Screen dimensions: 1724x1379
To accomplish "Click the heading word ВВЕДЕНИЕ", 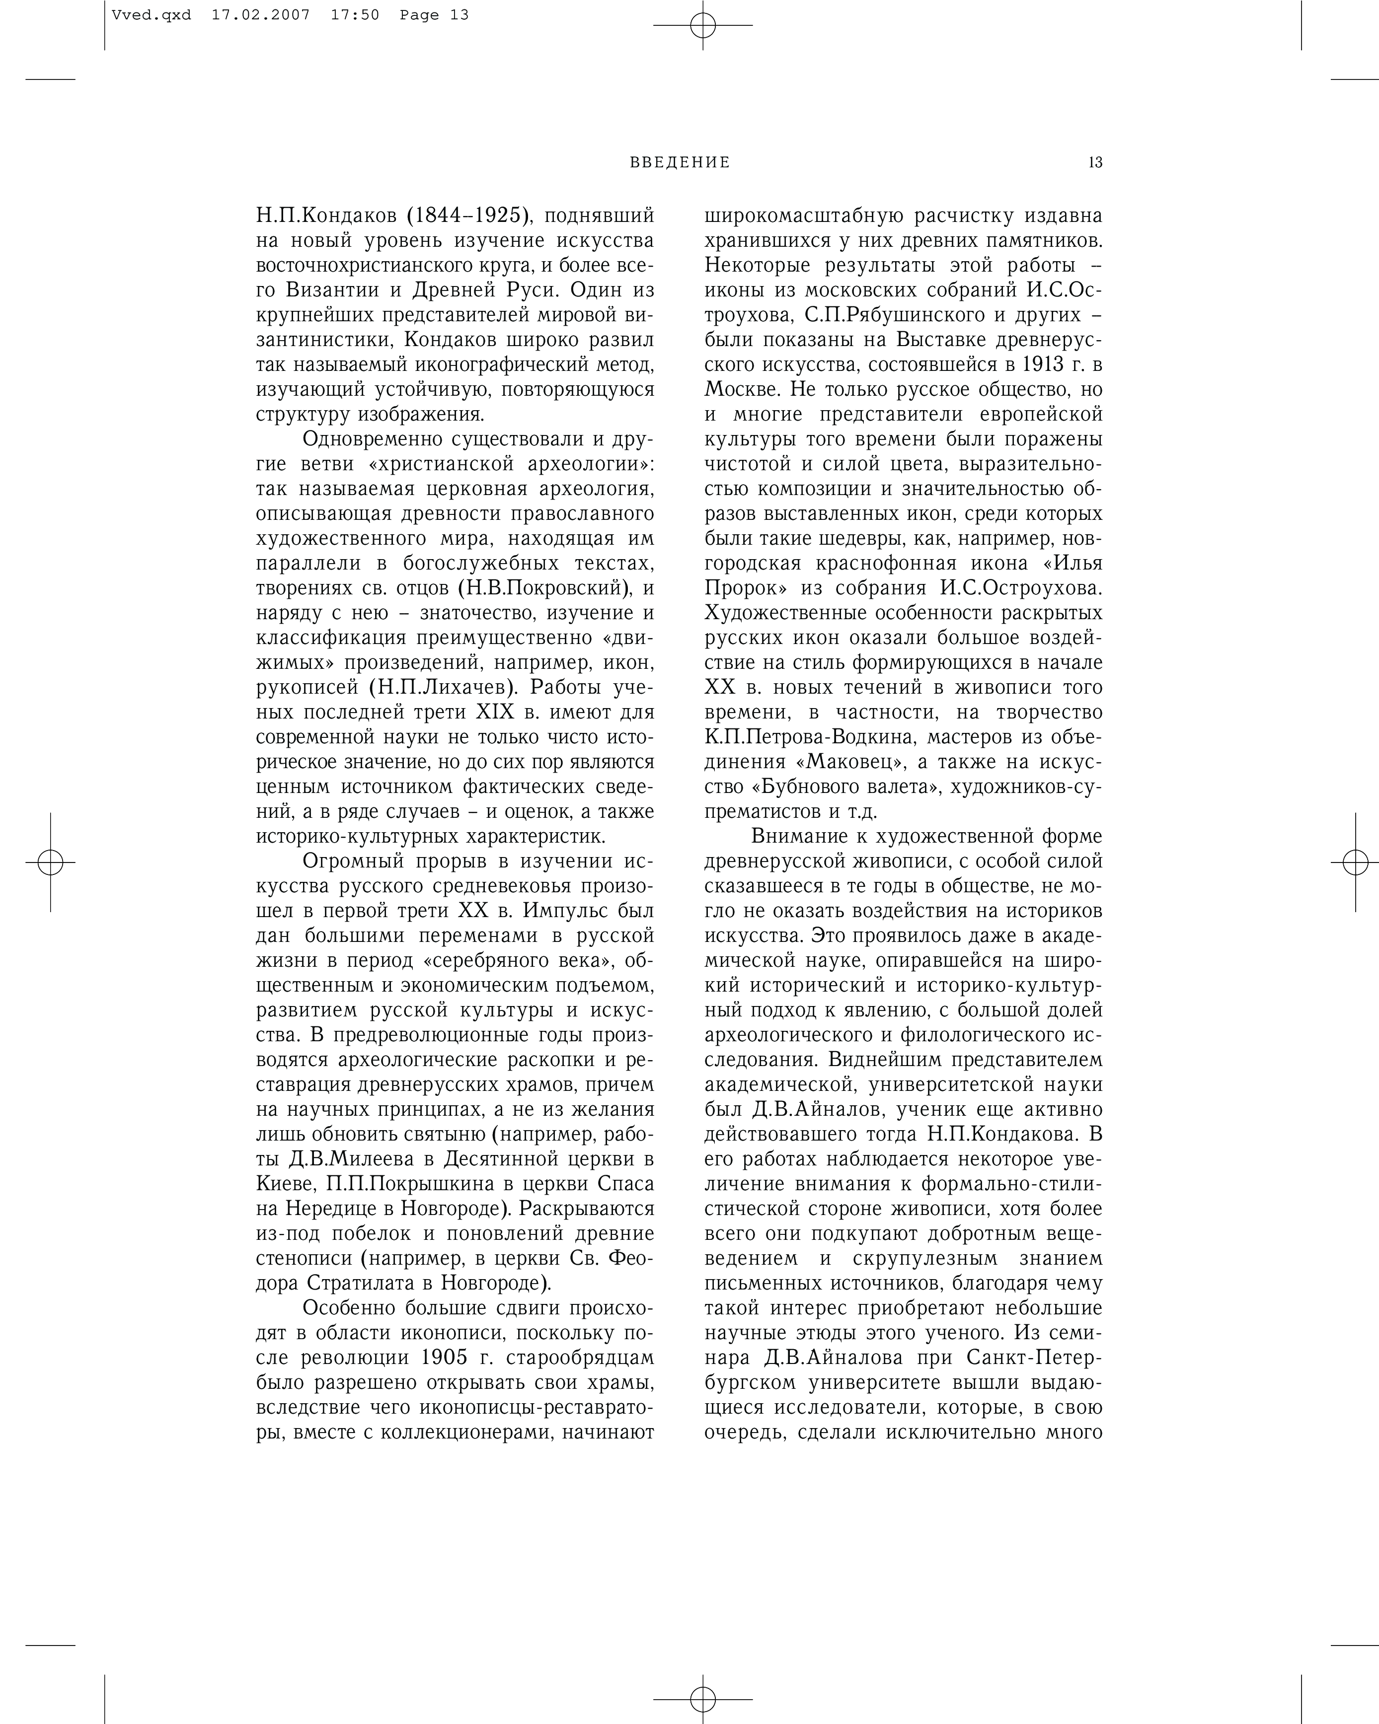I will tap(680, 162).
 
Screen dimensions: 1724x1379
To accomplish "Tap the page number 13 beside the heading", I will tap(1095, 162).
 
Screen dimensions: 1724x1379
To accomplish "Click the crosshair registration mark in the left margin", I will tap(50, 863).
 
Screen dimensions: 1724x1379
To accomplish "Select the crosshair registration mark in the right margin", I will tap(1355, 863).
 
